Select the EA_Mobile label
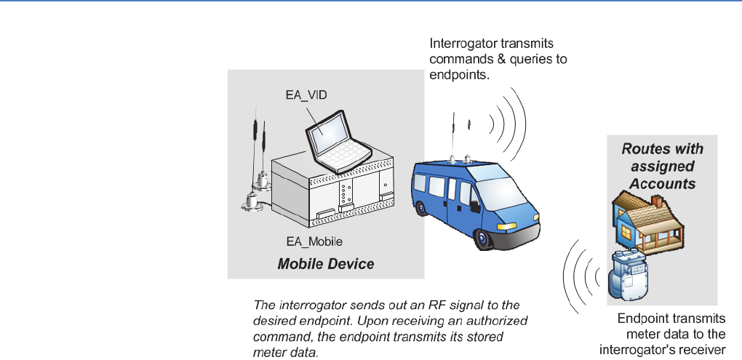click(314, 241)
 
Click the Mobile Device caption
click(326, 263)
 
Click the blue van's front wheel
click(482, 239)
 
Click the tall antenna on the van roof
click(454, 135)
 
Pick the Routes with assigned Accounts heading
click(662, 166)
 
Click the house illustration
click(646, 218)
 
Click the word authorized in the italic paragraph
click(500, 320)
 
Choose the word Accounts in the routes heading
click(663, 183)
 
